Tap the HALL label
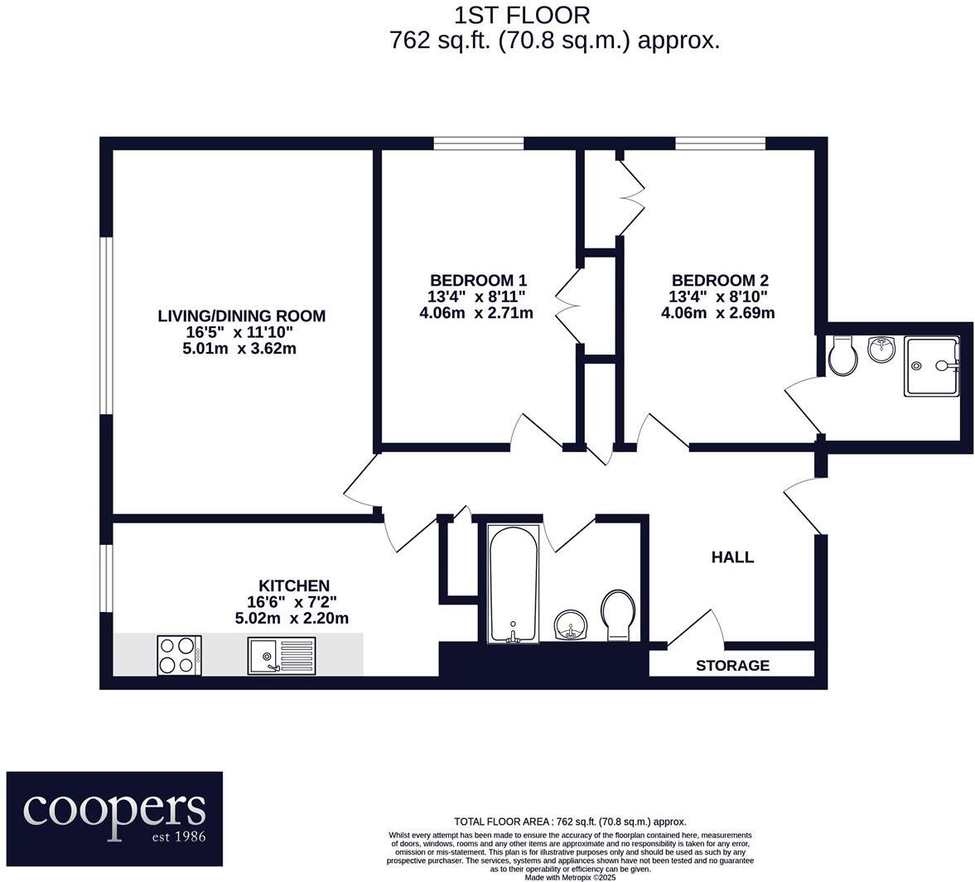point(732,557)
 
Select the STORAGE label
point(732,665)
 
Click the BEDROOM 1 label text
point(477,280)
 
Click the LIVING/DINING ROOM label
point(241,316)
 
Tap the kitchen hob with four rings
point(179,654)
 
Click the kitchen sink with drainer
point(282,655)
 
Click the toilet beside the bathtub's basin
point(619,614)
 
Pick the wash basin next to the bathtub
point(571,624)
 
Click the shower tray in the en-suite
point(931,365)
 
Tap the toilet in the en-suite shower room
point(843,356)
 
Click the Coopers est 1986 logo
point(114,818)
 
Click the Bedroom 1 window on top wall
point(478,143)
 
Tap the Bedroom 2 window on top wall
point(719,143)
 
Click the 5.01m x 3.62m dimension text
point(241,349)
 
